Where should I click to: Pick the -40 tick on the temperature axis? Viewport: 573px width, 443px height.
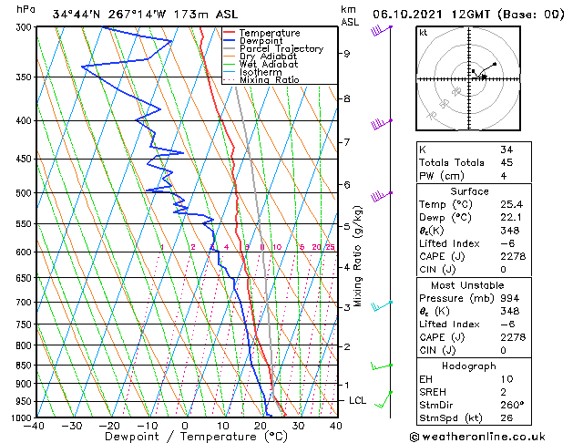coord(35,426)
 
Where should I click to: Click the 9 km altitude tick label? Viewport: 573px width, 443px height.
coord(347,54)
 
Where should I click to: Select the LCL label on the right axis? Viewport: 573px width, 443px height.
coord(359,400)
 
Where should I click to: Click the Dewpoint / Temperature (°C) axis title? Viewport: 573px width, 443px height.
coord(184,437)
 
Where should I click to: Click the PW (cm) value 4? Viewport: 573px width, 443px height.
coord(504,176)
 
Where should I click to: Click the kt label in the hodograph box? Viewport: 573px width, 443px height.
coord(423,32)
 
